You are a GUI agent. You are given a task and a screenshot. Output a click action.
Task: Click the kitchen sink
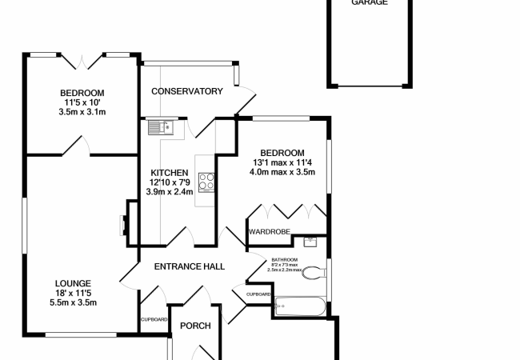(161, 126)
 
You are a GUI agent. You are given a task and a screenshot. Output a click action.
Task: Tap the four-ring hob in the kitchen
(206, 182)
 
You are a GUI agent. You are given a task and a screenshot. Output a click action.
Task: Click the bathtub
(299, 305)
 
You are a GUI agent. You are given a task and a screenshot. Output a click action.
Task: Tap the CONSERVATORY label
(186, 91)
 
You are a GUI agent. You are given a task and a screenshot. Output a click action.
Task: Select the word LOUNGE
(73, 283)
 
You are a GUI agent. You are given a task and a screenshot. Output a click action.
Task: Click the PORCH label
(194, 326)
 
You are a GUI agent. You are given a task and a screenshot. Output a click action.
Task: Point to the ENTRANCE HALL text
(189, 267)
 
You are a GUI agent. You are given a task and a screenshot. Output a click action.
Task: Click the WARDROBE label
(269, 231)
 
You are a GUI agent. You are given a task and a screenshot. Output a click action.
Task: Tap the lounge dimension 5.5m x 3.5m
(73, 302)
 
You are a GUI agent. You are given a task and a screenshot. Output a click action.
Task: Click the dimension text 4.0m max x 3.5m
(282, 172)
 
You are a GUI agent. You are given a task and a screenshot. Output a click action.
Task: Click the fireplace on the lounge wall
(124, 226)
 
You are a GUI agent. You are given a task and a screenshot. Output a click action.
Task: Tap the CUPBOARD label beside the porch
(154, 319)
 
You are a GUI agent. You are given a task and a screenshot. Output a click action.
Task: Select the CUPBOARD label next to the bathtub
(259, 294)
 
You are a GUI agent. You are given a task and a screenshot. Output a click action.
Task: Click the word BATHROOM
(284, 260)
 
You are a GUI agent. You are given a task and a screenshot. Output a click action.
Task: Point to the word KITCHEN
(170, 173)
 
